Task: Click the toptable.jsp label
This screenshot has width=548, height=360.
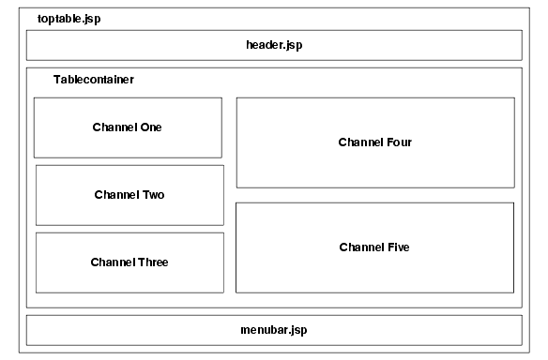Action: pyautogui.click(x=68, y=19)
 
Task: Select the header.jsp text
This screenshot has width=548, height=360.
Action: pyautogui.click(x=274, y=45)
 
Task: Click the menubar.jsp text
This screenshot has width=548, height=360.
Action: pyautogui.click(x=274, y=330)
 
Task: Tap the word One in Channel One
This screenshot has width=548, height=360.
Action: pyautogui.click(x=150, y=127)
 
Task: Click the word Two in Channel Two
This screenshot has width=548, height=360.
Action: pyautogui.click(x=153, y=195)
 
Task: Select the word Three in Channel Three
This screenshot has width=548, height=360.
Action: pyautogui.click(x=152, y=262)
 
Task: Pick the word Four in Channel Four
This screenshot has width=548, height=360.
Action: pyautogui.click(x=398, y=142)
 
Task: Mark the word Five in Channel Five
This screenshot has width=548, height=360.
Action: pyautogui.click(x=397, y=247)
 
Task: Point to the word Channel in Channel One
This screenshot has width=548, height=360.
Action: pyautogui.click(x=114, y=127)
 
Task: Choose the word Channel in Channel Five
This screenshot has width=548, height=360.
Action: pyautogui.click(x=360, y=247)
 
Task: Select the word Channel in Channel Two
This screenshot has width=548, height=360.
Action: pyautogui.click(x=116, y=195)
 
